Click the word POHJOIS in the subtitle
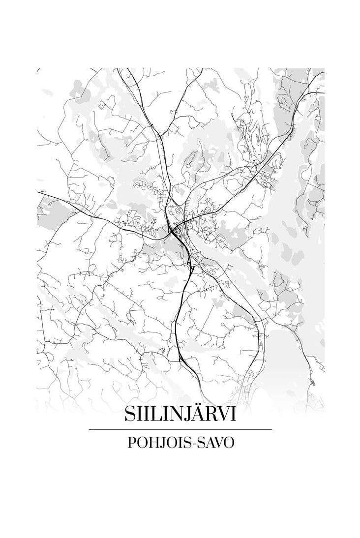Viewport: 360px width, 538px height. point(155,442)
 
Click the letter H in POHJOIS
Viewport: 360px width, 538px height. point(153,442)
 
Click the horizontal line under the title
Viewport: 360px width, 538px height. point(180,429)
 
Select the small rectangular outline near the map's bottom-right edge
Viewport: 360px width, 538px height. point(313,382)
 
